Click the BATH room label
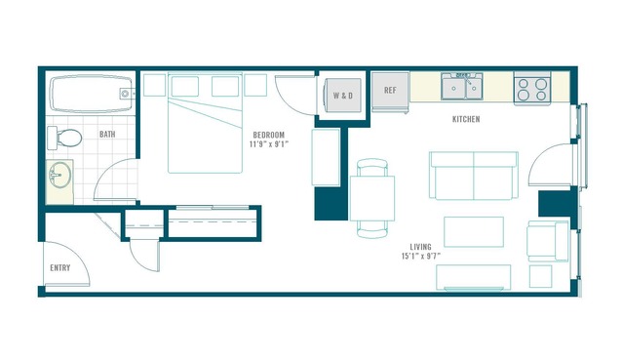(107, 135)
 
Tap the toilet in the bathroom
(64, 138)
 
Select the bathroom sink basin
(59, 175)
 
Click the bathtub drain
(125, 94)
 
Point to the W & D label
(343, 96)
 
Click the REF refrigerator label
(390, 91)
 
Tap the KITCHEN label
(466, 119)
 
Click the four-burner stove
(532, 89)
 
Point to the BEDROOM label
(269, 136)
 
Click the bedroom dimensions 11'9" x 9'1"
(269, 144)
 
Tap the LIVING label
(421, 247)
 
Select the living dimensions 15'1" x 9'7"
(421, 256)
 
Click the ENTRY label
(60, 268)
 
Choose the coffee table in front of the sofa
(474, 232)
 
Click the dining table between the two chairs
(372, 198)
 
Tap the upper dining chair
(372, 167)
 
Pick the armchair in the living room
(548, 241)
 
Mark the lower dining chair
(372, 229)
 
